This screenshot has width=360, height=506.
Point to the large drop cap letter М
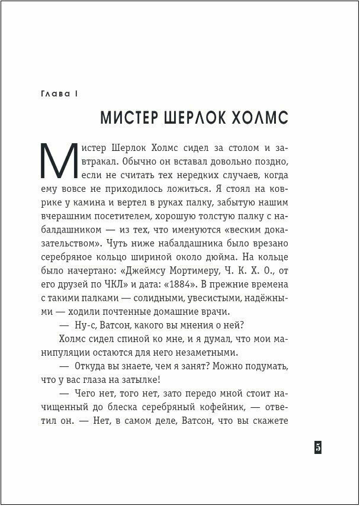(x=59, y=163)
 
